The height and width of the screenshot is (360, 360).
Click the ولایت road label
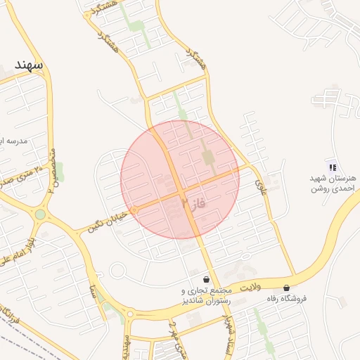[x=250, y=287]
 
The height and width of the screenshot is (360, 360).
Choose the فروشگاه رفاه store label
[x=286, y=299]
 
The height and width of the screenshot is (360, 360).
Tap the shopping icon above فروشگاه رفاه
[x=286, y=288]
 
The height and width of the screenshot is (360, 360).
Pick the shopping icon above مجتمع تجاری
[x=205, y=280]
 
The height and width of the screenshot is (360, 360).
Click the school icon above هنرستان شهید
[x=332, y=167]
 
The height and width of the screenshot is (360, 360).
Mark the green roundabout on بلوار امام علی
[x=40, y=214]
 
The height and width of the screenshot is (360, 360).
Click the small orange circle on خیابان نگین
[x=134, y=210]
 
